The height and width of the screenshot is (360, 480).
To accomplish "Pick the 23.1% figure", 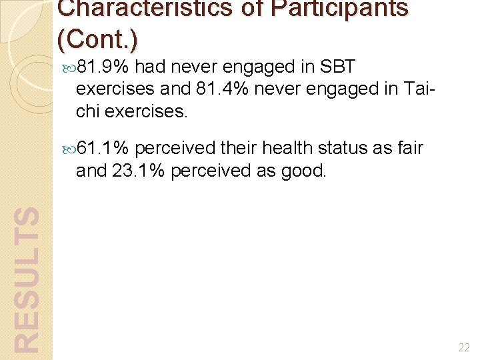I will (141, 171).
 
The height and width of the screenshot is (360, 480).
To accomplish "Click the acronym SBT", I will (338, 67).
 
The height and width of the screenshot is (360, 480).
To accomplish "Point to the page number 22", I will (465, 347).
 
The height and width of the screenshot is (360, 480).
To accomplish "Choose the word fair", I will (409, 149).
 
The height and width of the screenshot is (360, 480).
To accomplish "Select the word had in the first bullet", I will (151, 67).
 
